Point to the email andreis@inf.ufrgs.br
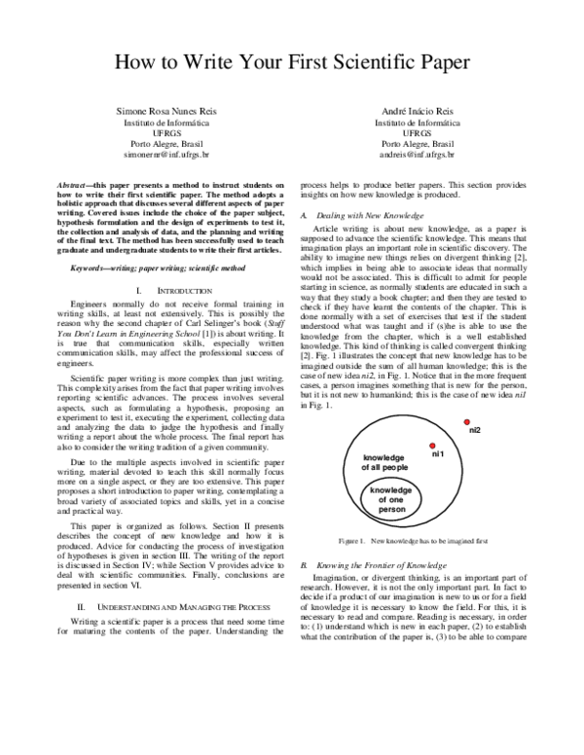416,155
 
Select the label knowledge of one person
391,499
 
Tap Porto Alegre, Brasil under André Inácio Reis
416,144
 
